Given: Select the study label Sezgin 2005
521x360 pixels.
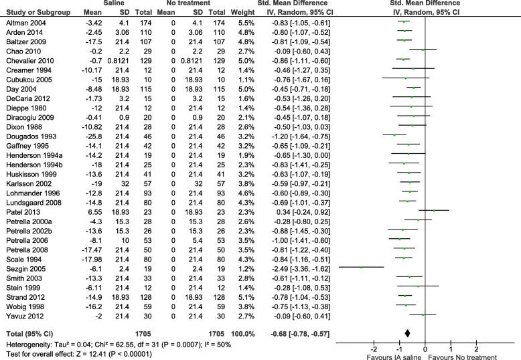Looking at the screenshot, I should (x=22, y=266).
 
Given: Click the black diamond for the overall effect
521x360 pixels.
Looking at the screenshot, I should (x=408, y=331).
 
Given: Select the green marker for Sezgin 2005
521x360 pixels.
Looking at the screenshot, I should (x=362, y=266).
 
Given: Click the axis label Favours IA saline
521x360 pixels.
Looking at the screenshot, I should (x=379, y=356).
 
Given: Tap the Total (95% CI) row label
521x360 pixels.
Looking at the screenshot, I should (x=27, y=331).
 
